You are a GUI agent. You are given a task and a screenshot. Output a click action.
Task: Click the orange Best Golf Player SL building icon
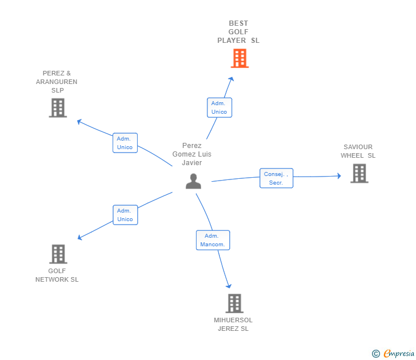(x=239, y=58)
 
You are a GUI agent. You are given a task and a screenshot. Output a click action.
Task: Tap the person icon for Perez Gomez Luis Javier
(x=194, y=181)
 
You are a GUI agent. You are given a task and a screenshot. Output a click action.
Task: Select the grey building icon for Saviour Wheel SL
(x=359, y=173)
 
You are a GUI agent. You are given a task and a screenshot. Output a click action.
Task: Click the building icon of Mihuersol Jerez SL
(x=234, y=303)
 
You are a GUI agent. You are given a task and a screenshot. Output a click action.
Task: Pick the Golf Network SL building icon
(x=58, y=254)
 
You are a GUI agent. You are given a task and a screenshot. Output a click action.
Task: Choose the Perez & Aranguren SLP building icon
(x=58, y=107)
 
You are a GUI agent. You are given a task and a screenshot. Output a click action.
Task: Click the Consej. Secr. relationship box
(x=277, y=178)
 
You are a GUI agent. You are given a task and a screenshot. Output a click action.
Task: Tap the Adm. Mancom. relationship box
(x=213, y=240)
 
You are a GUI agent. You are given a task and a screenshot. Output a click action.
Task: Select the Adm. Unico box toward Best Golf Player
(x=219, y=107)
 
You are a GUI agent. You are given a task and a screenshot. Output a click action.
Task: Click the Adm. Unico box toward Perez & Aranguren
(x=125, y=143)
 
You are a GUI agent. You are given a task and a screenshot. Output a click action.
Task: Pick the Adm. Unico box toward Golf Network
(x=125, y=215)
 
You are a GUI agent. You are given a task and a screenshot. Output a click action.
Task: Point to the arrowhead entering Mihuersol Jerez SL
(x=229, y=286)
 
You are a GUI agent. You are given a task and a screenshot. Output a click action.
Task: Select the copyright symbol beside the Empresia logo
(x=376, y=354)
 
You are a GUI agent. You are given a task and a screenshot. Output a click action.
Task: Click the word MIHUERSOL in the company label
(x=233, y=320)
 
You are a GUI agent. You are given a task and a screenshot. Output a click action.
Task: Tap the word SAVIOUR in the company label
(x=358, y=147)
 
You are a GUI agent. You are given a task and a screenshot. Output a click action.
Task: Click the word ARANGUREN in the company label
(x=57, y=82)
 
